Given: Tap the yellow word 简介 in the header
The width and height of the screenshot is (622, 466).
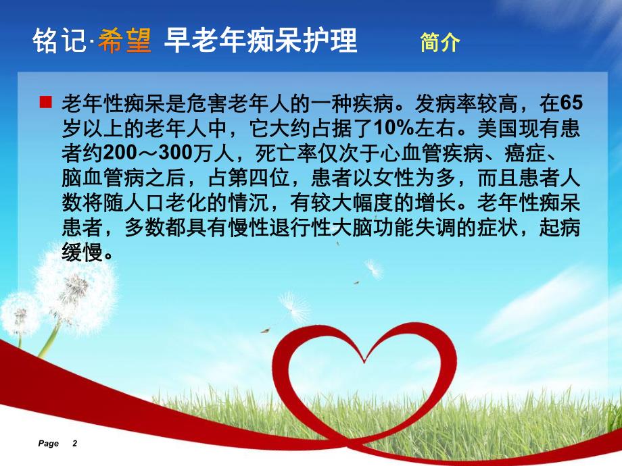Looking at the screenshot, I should (x=439, y=43).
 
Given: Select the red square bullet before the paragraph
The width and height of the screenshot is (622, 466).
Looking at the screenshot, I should (x=45, y=102).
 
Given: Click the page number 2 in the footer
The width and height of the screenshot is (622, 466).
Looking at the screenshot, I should (x=74, y=444).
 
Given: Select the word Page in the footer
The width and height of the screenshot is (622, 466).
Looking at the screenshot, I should (x=49, y=444).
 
